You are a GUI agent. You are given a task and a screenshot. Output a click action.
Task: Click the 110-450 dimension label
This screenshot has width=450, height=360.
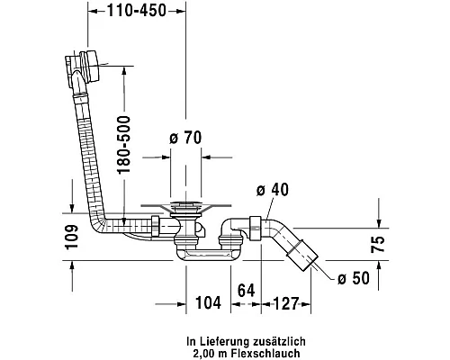coord(137,11)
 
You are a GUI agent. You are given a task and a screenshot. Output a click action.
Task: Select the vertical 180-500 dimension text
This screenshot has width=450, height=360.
coord(124,145)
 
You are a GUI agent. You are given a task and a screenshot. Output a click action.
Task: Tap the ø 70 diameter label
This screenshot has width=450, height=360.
coord(185,138)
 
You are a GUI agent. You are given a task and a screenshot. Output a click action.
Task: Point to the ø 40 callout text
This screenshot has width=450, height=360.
coord(273,190)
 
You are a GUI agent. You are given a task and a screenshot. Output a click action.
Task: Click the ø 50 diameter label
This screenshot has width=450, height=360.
coord(354,278)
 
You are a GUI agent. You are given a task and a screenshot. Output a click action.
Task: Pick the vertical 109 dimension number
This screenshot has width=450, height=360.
coord(71,237)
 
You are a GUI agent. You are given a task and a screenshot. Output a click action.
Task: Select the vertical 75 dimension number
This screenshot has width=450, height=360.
coord(377,244)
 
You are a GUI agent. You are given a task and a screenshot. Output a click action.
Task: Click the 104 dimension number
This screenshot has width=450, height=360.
coord(208,302)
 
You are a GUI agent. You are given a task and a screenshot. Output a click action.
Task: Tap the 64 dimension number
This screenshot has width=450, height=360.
coord(246,291)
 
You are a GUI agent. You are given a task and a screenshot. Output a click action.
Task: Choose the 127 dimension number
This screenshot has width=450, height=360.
coord(286,303)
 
